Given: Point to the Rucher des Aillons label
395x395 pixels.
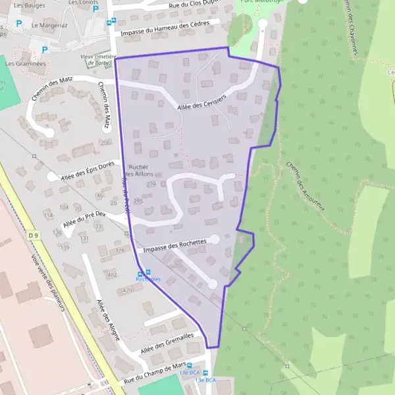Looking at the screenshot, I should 139,170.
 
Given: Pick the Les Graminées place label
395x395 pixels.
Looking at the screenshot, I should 26,64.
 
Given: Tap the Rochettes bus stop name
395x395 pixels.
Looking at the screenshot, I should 148,279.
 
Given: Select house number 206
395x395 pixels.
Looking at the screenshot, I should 105,142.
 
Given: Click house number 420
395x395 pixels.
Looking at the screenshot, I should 128,290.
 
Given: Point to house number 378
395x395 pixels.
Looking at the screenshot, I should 119,251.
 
